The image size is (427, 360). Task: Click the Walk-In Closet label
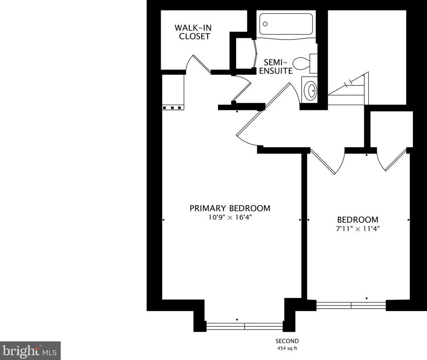pos(193,32)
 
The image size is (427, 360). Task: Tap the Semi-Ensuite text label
pos(276,67)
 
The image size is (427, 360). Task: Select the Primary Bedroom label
pos(230,208)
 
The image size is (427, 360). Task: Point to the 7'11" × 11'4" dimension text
pos(358,229)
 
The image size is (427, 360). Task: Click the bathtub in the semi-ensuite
pos(286,24)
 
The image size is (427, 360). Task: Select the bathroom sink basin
pos(310,90)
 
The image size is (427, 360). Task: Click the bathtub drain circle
pos(265,24)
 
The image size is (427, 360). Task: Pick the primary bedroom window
pos(245,326)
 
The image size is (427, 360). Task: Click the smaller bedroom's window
pos(351,305)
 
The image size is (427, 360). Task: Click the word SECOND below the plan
pos(287,341)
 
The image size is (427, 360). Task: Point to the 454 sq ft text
pos(287,348)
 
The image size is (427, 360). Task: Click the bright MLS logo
pos(30,351)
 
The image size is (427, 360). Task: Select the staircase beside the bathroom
pos(348,88)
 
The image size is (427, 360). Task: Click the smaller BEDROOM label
pos(358,220)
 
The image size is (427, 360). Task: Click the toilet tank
pos(313,63)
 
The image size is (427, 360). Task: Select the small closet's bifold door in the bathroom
pos(255,53)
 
